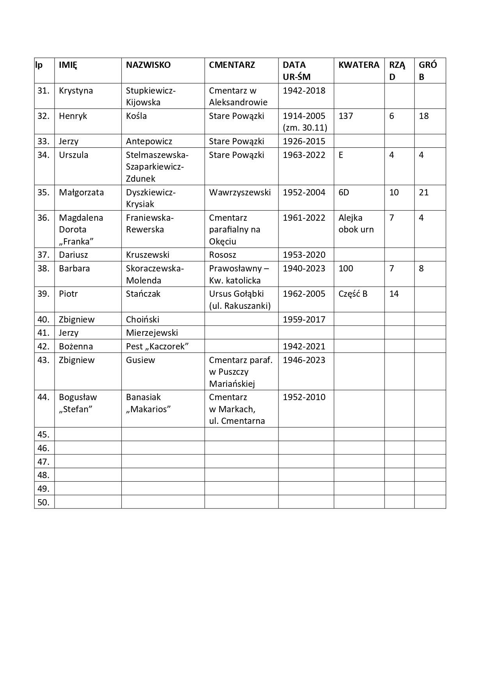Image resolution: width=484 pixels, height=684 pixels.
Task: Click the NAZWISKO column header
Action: [x=148, y=65]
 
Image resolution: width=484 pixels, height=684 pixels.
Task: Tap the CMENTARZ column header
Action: [x=232, y=65]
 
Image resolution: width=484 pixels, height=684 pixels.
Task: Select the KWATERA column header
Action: [x=358, y=65]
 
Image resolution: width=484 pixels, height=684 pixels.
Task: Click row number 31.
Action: [x=43, y=91]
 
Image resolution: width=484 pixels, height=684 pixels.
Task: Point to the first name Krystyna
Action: [x=76, y=91]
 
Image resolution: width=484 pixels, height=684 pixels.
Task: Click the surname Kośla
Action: [x=136, y=116]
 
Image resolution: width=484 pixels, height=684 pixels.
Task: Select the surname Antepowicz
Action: [x=149, y=141]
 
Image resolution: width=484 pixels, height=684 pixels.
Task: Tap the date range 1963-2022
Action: [x=304, y=155]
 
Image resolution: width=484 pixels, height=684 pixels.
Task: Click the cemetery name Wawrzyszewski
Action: [x=239, y=193]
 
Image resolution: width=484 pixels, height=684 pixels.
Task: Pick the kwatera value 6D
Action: [x=344, y=193]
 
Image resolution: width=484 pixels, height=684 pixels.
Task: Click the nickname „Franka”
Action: [x=76, y=241]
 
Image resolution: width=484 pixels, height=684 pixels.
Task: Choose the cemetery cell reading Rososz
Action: [x=222, y=255]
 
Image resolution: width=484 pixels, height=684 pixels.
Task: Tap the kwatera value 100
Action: [x=346, y=269]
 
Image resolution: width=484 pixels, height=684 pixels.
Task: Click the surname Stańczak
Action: [x=143, y=294]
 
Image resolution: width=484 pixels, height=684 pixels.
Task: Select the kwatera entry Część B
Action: [x=353, y=294]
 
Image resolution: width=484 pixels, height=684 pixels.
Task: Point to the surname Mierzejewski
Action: [x=152, y=333]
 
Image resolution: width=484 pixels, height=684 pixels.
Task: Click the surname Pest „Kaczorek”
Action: [x=157, y=347]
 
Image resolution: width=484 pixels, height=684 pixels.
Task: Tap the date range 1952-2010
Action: [x=304, y=397]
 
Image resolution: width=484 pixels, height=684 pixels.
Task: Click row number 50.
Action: [x=43, y=502]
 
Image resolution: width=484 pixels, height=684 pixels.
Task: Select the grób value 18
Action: [x=424, y=116]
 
